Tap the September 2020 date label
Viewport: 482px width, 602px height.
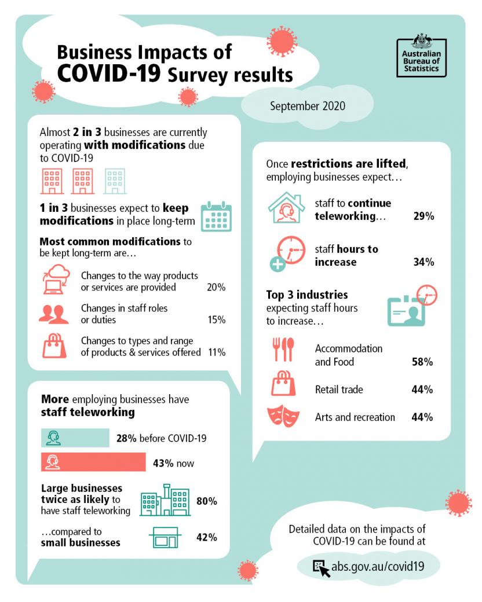point(307,106)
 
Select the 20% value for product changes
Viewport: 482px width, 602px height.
point(216,287)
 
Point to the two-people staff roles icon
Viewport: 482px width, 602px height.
point(53,314)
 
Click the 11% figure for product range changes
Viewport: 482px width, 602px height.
point(216,352)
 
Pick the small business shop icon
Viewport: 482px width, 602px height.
point(166,537)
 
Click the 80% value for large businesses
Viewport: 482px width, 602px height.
point(206,501)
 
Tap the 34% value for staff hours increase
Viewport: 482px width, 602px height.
point(423,262)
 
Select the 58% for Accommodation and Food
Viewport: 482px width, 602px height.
point(422,362)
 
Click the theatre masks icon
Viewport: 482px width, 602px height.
point(283,417)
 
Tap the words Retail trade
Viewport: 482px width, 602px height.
point(339,390)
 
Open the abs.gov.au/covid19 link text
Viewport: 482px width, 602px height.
point(378,566)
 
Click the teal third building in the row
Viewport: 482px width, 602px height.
point(115,181)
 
